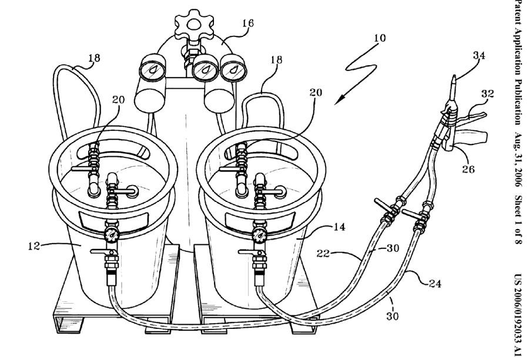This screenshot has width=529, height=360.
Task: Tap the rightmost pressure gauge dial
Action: point(233,70)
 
